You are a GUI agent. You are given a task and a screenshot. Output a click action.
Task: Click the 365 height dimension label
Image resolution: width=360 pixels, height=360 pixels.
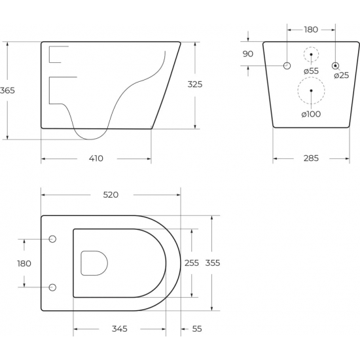click(x=7, y=90)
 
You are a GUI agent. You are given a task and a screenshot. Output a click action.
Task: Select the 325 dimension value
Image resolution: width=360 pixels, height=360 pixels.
click(x=195, y=84)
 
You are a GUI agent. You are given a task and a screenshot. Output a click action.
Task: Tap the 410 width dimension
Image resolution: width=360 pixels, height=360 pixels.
click(x=96, y=158)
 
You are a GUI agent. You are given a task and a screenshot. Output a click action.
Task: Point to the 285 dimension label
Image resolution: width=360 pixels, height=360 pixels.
click(x=311, y=158)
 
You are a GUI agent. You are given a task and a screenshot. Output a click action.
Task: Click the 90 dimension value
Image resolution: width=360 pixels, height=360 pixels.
click(x=248, y=54)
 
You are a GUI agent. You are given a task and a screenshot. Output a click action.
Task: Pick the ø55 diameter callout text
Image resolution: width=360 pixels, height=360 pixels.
click(x=311, y=71)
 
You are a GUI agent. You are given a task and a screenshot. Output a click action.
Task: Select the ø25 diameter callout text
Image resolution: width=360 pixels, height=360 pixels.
click(x=342, y=75)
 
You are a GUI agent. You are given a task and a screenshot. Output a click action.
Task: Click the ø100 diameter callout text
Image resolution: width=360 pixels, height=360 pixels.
click(x=311, y=114)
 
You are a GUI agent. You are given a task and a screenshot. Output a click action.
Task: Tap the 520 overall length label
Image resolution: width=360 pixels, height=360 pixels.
click(x=111, y=194)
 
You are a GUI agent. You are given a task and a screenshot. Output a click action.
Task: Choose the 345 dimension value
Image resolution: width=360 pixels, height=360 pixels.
click(x=119, y=329)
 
